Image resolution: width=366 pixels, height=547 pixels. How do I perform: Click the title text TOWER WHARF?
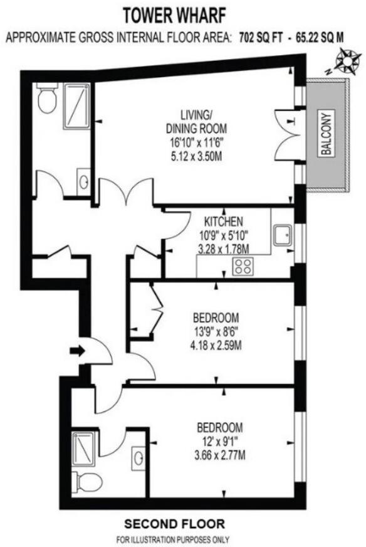pyautogui.click(x=183, y=13)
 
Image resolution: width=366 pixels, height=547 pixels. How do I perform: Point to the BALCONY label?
pyautogui.click(x=327, y=134)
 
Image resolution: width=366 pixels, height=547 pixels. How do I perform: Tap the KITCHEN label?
pyautogui.click(x=223, y=221)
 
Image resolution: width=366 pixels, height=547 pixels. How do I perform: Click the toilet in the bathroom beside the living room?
pyautogui.click(x=46, y=100)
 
